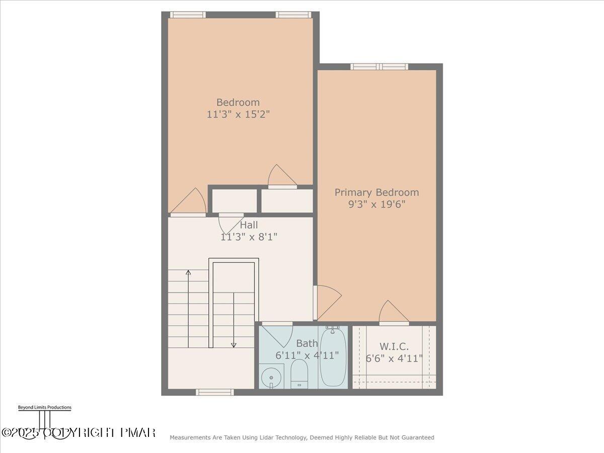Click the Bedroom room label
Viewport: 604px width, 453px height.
click(x=238, y=102)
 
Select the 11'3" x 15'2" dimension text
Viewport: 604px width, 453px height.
click(x=238, y=114)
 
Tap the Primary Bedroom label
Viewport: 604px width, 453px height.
click(x=376, y=192)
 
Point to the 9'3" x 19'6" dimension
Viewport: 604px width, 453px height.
click(x=376, y=204)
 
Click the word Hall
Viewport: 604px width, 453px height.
click(x=249, y=225)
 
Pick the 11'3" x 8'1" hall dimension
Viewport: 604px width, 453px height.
click(x=249, y=237)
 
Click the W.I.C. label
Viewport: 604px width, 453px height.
click(x=394, y=346)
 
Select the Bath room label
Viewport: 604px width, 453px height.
click(x=307, y=344)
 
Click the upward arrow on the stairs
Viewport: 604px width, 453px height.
click(x=188, y=274)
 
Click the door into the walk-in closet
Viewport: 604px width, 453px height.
click(x=394, y=314)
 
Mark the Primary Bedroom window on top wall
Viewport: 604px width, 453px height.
click(x=379, y=66)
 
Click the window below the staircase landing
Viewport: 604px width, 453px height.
click(x=215, y=392)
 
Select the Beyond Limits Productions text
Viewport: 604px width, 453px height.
click(x=44, y=408)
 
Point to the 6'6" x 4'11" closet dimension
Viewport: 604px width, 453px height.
click(x=394, y=358)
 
